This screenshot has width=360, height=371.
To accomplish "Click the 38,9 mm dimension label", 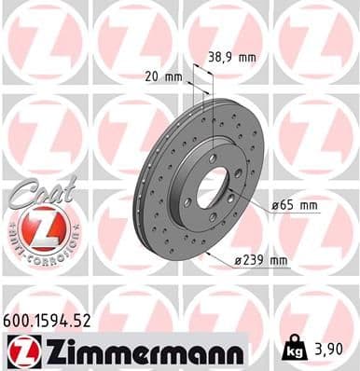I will pos(232,57).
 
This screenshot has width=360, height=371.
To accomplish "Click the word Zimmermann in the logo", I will pos(138,351).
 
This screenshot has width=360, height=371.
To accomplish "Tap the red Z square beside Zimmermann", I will pos(21,351).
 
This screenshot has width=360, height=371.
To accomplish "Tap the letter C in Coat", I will pos(20,191).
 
